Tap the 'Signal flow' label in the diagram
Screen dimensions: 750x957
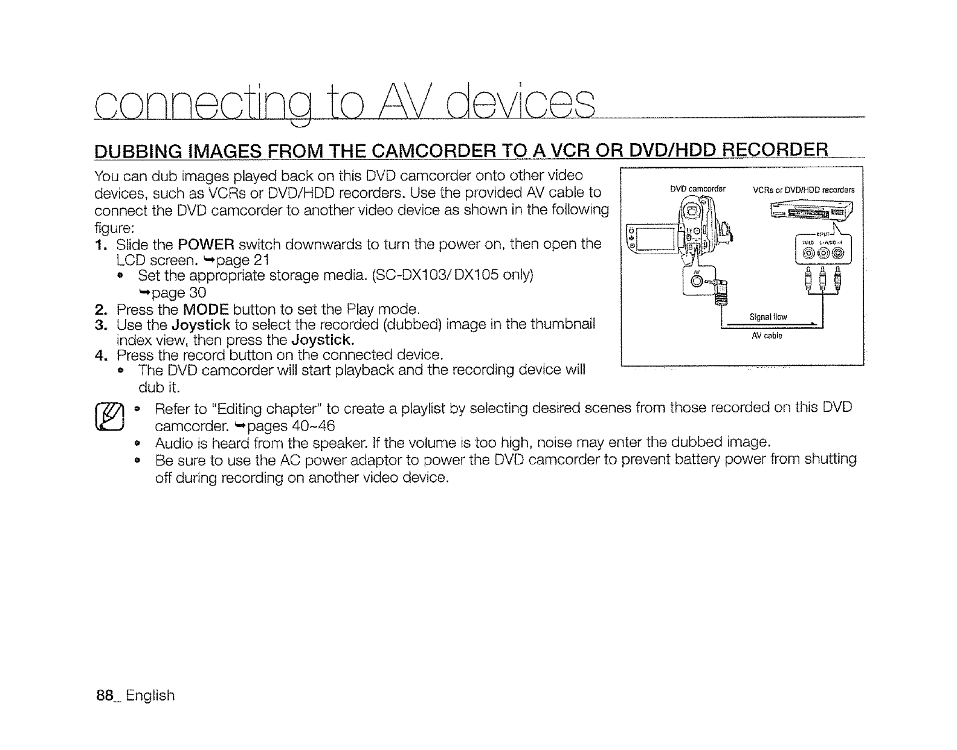coord(768,318)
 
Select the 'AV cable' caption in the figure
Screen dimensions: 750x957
coord(767,336)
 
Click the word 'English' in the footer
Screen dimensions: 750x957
coord(150,696)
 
